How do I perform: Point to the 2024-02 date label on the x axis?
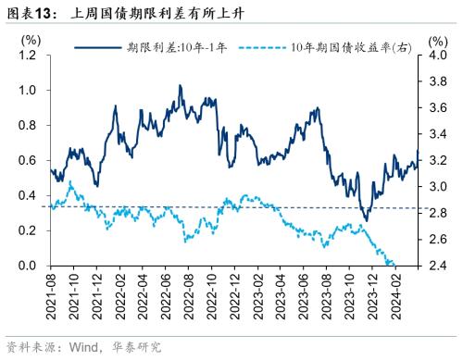(x=393, y=295)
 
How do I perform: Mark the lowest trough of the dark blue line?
(x=365, y=221)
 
